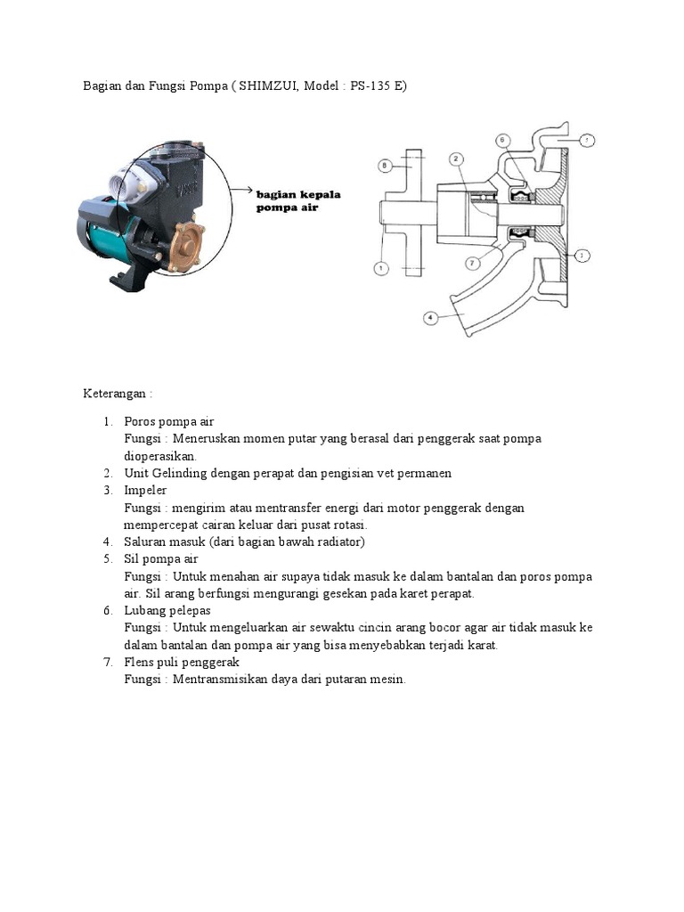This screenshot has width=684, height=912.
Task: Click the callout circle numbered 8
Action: pyautogui.click(x=383, y=166)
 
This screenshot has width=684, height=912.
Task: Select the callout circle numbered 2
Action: pyautogui.click(x=455, y=159)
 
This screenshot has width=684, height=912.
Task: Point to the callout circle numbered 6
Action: pyautogui.click(x=502, y=140)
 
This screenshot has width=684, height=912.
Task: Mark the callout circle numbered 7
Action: pyautogui.click(x=471, y=263)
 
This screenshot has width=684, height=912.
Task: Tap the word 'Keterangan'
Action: pyautogui.click(x=116, y=394)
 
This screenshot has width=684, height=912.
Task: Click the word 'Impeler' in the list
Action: pyautogui.click(x=145, y=490)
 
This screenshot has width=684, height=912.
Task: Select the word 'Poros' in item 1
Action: pyautogui.click(x=140, y=421)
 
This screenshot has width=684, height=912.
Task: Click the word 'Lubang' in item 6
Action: pyautogui.click(x=145, y=611)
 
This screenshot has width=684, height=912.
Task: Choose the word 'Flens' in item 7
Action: pyautogui.click(x=140, y=663)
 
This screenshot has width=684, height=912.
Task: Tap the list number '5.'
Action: pyautogui.click(x=107, y=559)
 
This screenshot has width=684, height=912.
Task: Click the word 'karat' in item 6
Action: pyautogui.click(x=483, y=646)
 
